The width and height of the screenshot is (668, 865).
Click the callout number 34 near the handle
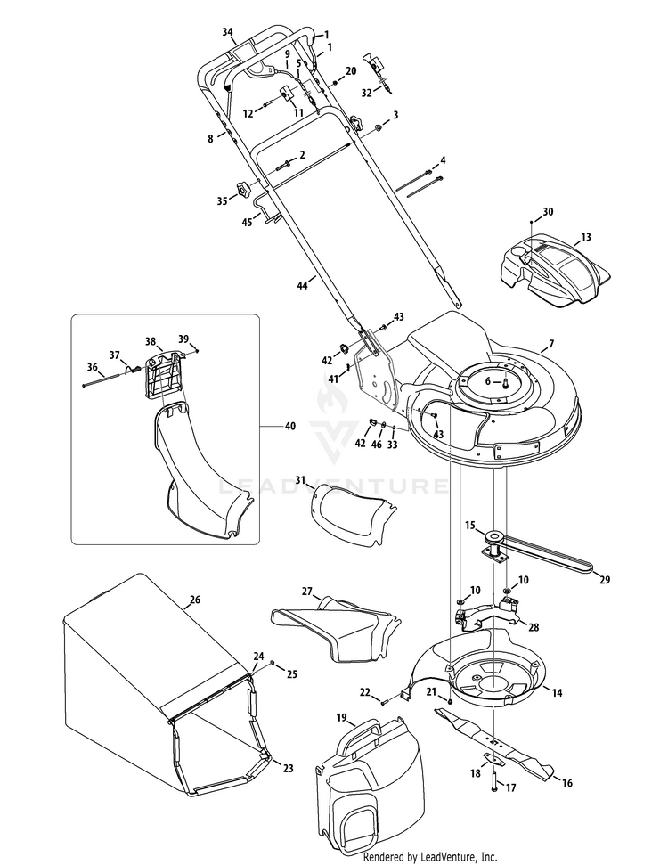tap(227, 32)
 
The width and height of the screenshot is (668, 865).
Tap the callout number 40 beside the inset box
tap(289, 427)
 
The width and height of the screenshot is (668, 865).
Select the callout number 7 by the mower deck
tap(550, 344)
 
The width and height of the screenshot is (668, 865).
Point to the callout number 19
tap(341, 717)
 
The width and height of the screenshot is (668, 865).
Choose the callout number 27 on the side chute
tap(306, 591)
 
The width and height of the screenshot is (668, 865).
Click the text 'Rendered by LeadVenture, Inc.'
tap(424, 856)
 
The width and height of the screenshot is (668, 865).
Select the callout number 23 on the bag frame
tap(288, 767)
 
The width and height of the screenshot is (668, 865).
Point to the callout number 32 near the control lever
tap(366, 92)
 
